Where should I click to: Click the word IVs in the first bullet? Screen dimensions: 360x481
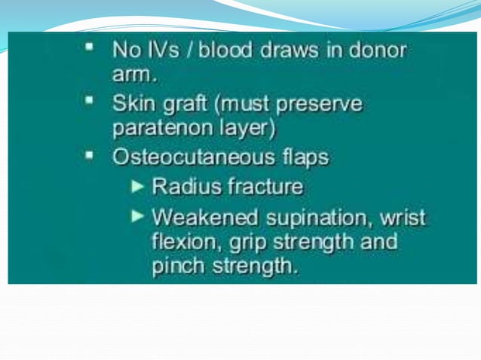160,52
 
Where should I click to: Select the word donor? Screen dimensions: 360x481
375,52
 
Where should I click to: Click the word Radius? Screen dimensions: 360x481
185,186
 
